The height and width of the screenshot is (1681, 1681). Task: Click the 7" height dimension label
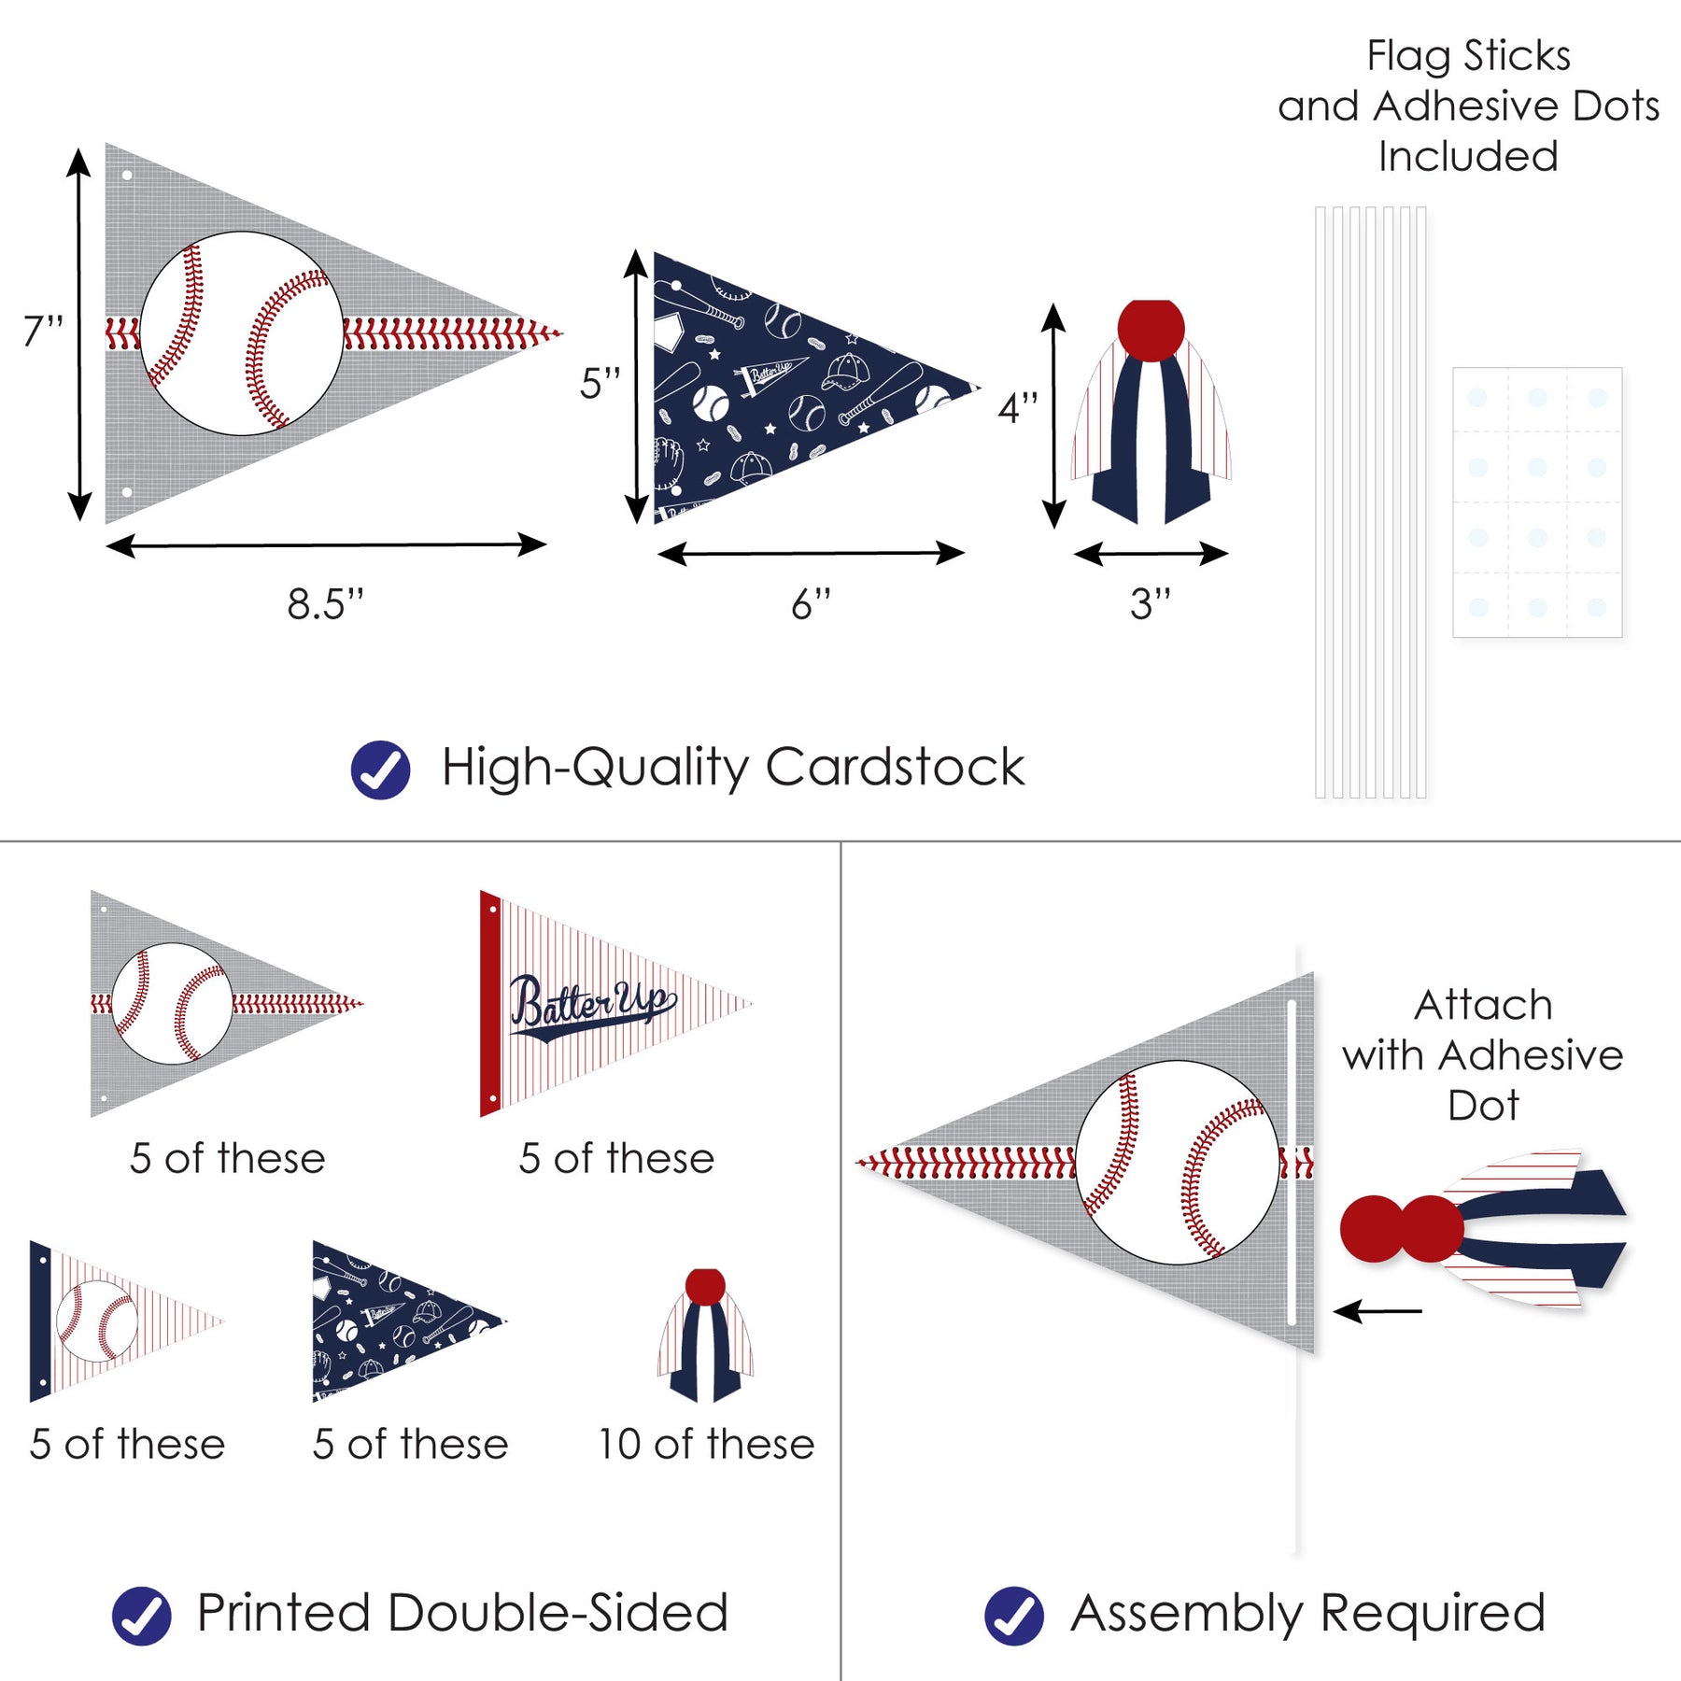coord(43,331)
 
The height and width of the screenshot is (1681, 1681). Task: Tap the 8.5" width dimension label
coord(324,604)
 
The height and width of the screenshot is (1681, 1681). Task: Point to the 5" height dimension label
coord(600,383)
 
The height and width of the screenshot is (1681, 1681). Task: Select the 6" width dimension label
coord(810,604)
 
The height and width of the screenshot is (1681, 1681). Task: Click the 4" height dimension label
coord(1017,408)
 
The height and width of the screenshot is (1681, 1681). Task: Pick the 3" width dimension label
coord(1150,604)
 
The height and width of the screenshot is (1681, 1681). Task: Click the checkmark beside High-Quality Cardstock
coord(380,770)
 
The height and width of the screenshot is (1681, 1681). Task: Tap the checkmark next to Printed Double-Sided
coord(141,1616)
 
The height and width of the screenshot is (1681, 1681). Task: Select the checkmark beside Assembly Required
coord(1013,1616)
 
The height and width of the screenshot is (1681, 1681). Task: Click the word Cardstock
coord(895,768)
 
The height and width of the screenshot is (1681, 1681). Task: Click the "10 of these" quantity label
coord(706,1444)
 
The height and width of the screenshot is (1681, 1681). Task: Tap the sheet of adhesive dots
coord(1536,502)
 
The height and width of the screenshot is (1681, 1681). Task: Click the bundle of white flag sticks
coord(1370,502)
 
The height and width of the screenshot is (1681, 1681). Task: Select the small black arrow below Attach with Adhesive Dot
coord(1377,1311)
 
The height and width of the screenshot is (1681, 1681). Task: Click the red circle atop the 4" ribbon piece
coord(1151,329)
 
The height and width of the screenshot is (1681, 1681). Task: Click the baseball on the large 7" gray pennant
coord(242,333)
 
